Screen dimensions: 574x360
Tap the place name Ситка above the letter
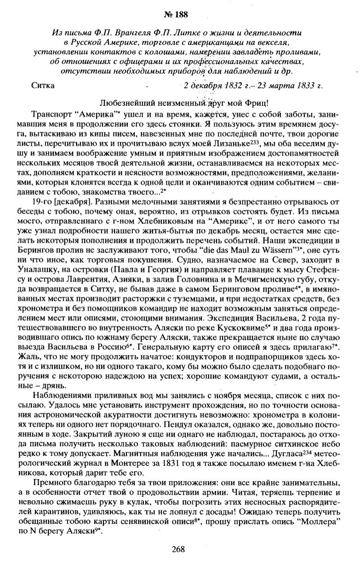pos(43,85)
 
